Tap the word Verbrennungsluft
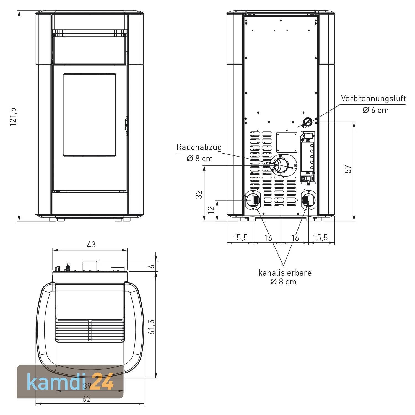(373, 98)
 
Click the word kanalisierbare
(285, 273)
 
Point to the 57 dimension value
(349, 169)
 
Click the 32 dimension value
(199, 194)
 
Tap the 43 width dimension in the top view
(91, 244)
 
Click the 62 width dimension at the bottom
(87, 399)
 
